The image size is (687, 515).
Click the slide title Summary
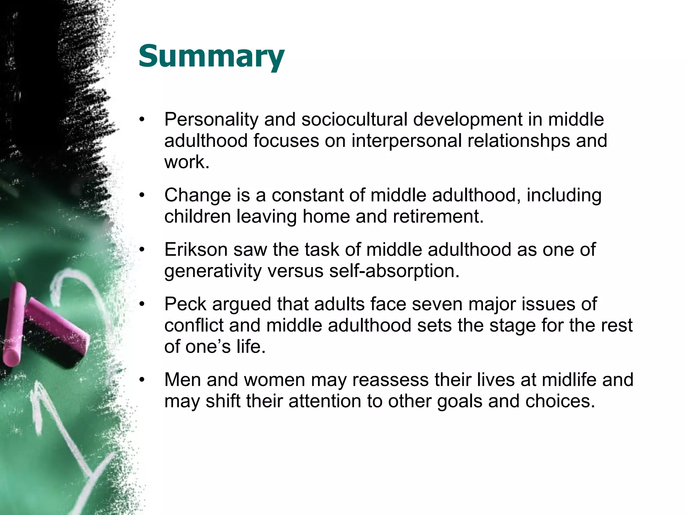point(211,56)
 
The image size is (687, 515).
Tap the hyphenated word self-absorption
point(394,271)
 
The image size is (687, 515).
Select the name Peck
point(185,304)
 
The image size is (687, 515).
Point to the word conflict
point(194,325)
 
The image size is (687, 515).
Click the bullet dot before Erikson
point(142,250)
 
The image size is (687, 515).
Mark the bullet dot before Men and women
point(142,380)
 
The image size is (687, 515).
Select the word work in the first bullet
point(187,162)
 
